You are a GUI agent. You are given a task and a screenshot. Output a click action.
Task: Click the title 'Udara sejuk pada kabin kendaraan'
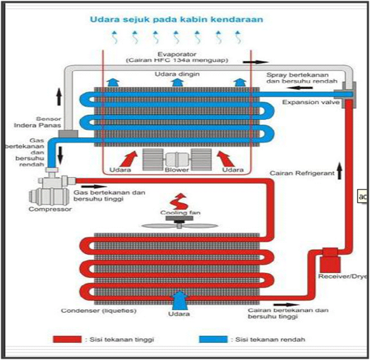point(175,20)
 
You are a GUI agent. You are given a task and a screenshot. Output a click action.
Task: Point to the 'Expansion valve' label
point(307,103)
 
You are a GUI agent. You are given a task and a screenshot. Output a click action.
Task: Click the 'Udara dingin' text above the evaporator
point(175,73)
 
